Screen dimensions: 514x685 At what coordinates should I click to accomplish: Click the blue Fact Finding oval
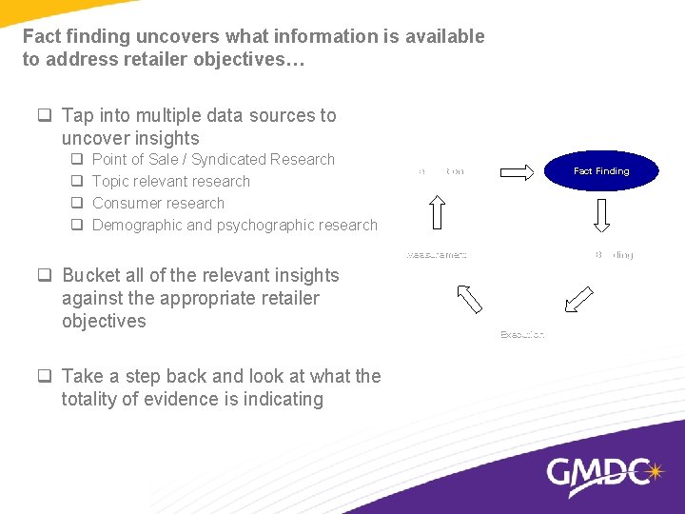[601, 171]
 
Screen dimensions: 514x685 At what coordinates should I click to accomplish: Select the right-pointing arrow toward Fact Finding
[518, 172]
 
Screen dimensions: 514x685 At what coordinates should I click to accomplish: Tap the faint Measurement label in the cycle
[437, 255]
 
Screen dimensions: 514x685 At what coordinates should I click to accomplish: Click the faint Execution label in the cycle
[522, 334]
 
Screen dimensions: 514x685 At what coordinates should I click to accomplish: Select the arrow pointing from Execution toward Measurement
[470, 299]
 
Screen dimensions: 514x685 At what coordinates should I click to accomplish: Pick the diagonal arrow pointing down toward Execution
[578, 299]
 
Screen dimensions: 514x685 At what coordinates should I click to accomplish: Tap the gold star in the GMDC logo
[654, 470]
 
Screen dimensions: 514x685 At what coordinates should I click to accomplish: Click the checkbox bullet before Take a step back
[44, 377]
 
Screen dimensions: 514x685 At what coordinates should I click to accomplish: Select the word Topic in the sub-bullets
[112, 181]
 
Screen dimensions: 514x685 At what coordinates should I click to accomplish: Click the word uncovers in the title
[177, 36]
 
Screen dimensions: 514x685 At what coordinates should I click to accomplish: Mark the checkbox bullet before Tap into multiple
[44, 116]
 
